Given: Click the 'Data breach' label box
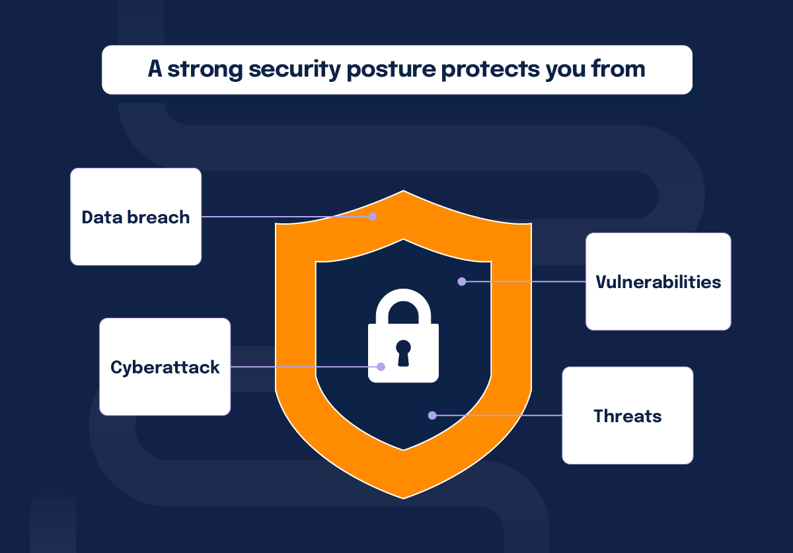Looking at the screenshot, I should pyautogui.click(x=135, y=217).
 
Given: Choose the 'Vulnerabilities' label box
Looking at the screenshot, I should pyautogui.click(x=658, y=281).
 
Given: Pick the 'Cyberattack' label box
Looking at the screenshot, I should pyautogui.click(x=165, y=367).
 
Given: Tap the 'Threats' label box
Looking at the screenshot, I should pyautogui.click(x=627, y=416).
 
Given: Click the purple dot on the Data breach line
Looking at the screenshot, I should pyautogui.click(x=373, y=217).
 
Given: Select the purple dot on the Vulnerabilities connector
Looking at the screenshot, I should pyautogui.click(x=462, y=281).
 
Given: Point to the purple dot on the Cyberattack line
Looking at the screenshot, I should pyautogui.click(x=381, y=367).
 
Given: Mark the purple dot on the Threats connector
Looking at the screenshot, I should pyautogui.click(x=432, y=416).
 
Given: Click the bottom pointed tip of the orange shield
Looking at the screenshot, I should pyautogui.click(x=403, y=496).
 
